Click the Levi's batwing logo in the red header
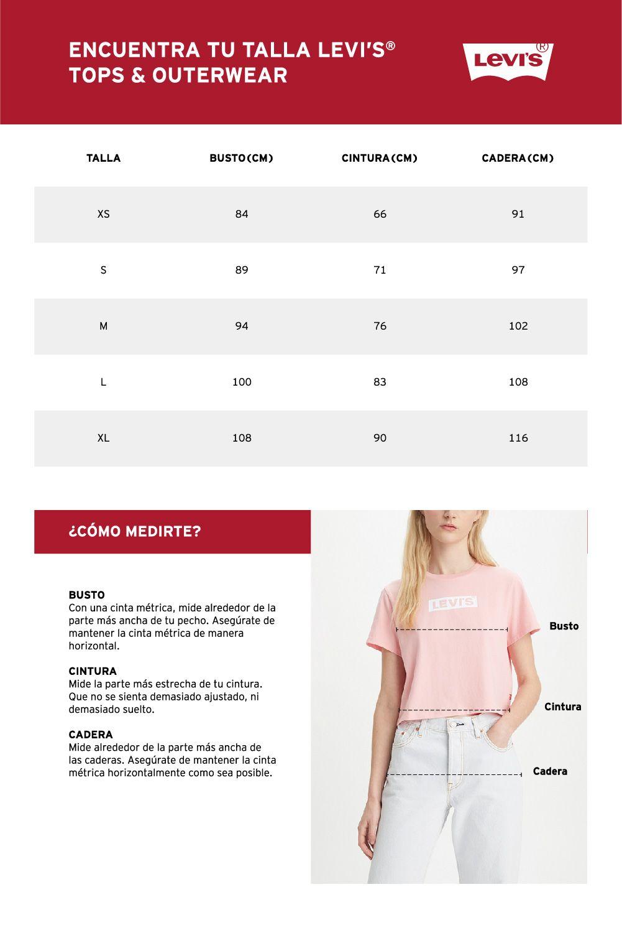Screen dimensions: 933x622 [507, 62]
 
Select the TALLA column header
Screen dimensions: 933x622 [103, 158]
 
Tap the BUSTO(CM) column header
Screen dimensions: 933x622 [241, 158]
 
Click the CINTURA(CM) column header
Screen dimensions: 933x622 [379, 158]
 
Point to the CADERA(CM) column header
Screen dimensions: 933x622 [518, 158]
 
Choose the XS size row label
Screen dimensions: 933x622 [103, 214]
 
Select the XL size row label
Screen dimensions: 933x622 [103, 438]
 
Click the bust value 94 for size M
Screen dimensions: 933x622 [242, 326]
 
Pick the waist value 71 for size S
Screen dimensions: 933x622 [380, 270]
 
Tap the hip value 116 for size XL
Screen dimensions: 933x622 [518, 438]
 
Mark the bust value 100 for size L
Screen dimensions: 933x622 [242, 382]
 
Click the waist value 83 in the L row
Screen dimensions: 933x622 [380, 382]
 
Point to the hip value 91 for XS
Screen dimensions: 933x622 [518, 214]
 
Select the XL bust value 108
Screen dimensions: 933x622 [242, 438]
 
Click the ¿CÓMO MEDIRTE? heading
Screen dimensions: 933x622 [135, 532]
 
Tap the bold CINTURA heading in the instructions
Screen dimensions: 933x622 [93, 671]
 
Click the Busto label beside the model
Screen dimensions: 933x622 [564, 626]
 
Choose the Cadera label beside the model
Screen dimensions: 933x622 [550, 771]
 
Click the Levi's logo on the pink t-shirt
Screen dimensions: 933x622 [453, 603]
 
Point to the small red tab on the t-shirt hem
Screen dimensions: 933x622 [508, 696]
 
